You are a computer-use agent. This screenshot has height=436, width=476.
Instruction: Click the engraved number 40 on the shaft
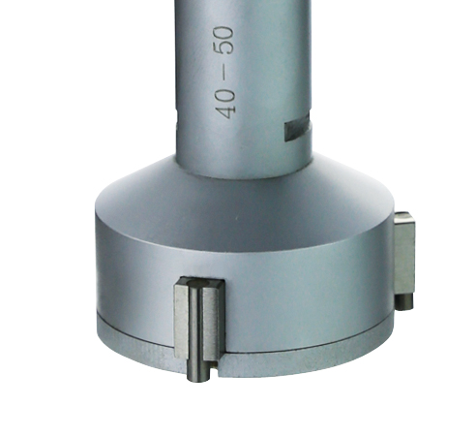tap(225, 103)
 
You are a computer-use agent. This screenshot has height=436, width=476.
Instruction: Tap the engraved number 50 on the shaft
tap(223, 41)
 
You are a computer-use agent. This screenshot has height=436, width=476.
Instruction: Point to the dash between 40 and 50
tap(223, 72)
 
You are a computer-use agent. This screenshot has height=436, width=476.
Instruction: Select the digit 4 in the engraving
tap(225, 111)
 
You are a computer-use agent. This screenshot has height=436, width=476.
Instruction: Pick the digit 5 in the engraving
tap(223, 48)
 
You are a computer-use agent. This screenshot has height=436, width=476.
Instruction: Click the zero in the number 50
tap(223, 33)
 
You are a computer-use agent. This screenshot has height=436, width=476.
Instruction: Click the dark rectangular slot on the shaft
tap(297, 128)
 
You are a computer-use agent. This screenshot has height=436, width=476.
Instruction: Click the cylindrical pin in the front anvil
tap(196, 334)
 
